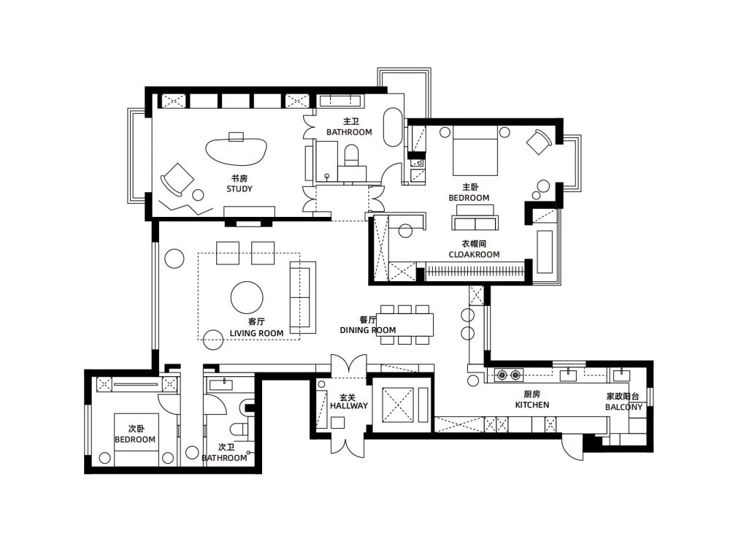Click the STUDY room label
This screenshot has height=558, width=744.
click(239, 189)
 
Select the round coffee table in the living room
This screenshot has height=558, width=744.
click(247, 297)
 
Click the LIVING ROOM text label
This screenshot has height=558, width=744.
click(256, 333)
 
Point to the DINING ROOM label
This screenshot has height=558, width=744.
click(368, 330)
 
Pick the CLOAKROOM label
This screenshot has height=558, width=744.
click(474, 254)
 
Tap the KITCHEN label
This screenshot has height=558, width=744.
click(532, 405)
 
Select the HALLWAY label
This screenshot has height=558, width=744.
click(349, 405)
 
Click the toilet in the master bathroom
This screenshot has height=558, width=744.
click(352, 156)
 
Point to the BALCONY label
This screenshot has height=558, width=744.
click(624, 407)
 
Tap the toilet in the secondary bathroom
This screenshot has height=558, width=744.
click(238, 429)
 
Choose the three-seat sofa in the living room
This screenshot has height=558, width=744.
click(303, 297)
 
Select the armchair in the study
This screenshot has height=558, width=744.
click(177, 179)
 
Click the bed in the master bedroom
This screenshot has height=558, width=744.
click(475, 150)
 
